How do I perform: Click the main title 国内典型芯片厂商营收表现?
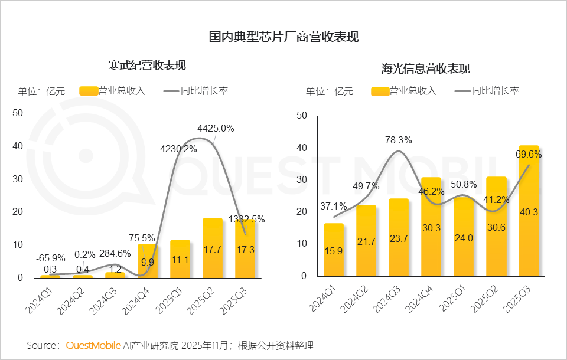283,37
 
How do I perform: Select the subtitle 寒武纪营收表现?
143,65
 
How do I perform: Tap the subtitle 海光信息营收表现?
425,68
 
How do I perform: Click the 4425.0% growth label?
216,128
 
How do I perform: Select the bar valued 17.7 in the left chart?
213,248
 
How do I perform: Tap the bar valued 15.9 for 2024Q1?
334,251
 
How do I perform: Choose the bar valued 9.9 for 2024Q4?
148,261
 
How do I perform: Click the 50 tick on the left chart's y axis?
18,113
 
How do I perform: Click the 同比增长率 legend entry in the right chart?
495,91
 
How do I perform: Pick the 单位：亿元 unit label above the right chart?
329,91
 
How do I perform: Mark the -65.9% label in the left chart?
50,258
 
